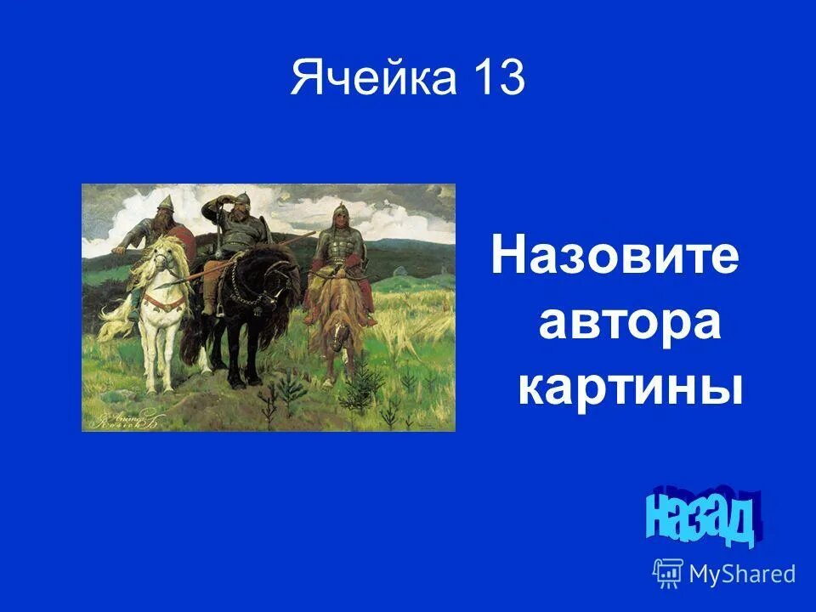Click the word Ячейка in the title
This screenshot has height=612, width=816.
pos(372,80)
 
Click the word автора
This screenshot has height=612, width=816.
pos(629,324)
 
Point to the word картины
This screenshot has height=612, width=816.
pos(630,388)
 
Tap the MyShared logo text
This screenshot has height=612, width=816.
pos(742,574)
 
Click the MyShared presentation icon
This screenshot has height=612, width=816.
pos(668,574)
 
